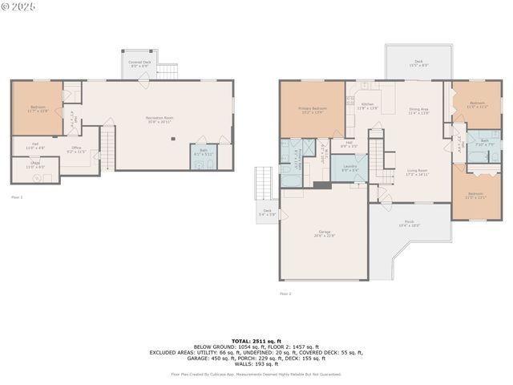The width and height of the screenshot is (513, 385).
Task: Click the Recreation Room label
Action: pos(160,120)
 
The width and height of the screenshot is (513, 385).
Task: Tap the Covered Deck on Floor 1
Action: pos(140,63)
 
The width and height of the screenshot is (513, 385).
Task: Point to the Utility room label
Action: pos(35,165)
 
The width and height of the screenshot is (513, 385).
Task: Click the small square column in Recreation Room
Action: pos(173,138)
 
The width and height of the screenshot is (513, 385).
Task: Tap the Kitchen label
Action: pos(368,106)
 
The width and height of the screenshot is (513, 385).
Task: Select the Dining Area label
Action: pos(418,111)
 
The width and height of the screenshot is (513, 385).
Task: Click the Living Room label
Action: pos(417,172)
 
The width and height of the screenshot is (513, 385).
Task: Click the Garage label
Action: pos(324,233)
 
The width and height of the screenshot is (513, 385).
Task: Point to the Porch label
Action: pos(409,225)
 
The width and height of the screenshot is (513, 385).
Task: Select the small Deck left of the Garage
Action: pos(268,213)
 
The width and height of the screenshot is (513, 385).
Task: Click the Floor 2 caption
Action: pos(285,294)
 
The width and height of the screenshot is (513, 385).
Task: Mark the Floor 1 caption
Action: pos(17,197)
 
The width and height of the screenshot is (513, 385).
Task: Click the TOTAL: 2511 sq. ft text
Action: pos(256,341)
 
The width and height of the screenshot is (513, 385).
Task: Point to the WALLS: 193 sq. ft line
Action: pos(256,363)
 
